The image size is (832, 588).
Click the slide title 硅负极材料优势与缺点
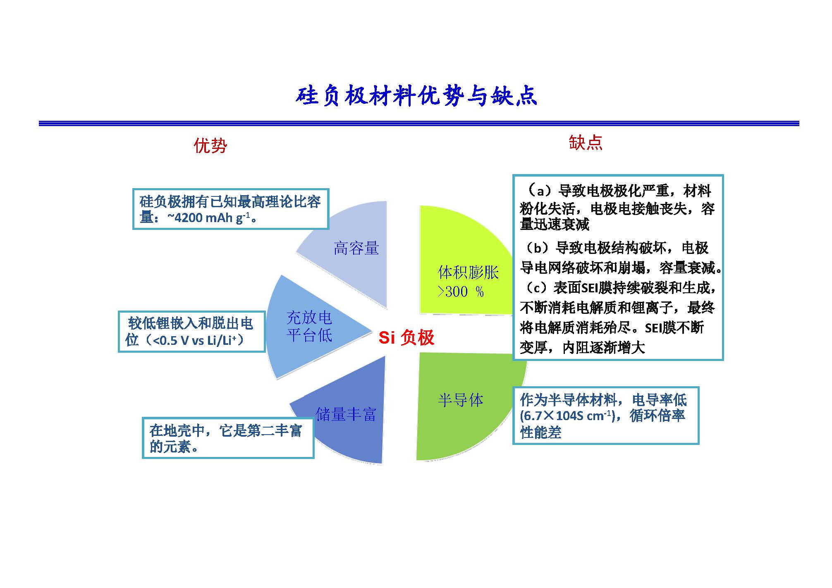(x=416, y=96)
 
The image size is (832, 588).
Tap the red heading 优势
(x=210, y=146)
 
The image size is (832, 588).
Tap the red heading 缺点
(x=586, y=142)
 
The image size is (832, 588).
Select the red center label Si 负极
(x=406, y=337)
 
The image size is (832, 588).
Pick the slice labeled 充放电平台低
(x=306, y=327)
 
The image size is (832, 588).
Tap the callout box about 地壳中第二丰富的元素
(x=228, y=438)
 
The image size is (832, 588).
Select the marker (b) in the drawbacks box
(x=537, y=248)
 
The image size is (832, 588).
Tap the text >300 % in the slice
(x=461, y=292)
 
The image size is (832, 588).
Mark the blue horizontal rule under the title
(x=419, y=123)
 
